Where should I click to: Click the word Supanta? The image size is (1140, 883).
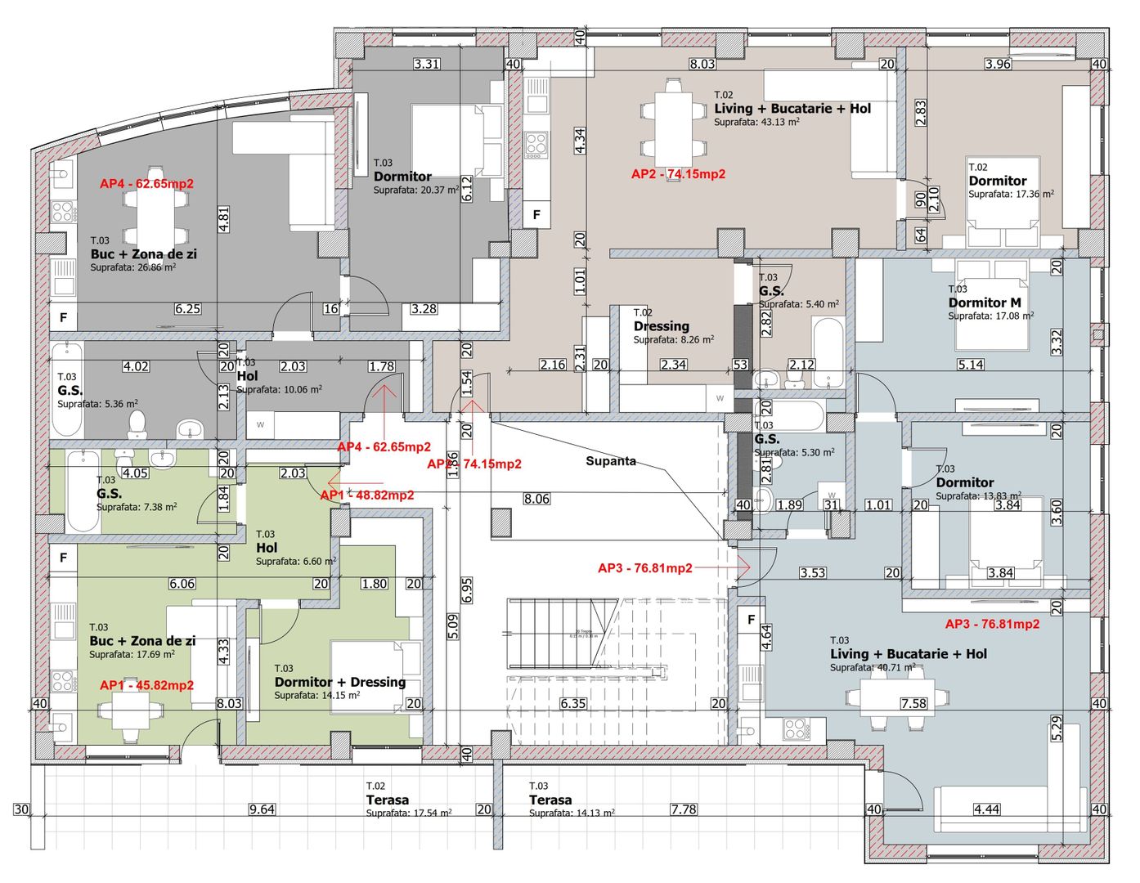[x=610, y=461]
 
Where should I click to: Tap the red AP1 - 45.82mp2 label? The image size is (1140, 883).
[x=146, y=685]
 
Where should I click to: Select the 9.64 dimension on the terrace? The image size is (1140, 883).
[x=262, y=809]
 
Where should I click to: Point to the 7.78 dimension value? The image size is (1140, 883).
[x=684, y=809]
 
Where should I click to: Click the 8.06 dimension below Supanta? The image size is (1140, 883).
[x=536, y=499]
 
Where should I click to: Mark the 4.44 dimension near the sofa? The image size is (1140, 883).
[x=986, y=809]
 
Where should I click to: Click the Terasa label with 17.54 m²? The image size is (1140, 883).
[x=388, y=800]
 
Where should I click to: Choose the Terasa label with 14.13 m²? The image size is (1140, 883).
[x=550, y=800]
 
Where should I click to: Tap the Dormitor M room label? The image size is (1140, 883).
[x=985, y=303]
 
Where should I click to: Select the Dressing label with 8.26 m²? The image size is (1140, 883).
[x=661, y=326]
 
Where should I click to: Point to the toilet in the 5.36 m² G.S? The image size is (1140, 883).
[x=137, y=423]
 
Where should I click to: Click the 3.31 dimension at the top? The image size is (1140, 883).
[x=427, y=64]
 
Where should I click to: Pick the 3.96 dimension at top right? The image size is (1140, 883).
[x=998, y=64]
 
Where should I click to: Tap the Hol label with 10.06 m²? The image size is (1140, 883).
[x=247, y=376]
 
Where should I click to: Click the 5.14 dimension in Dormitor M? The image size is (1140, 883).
[x=971, y=365]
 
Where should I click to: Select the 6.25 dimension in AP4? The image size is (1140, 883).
[x=187, y=309]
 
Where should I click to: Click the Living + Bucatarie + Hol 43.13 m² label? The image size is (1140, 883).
[x=792, y=109]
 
